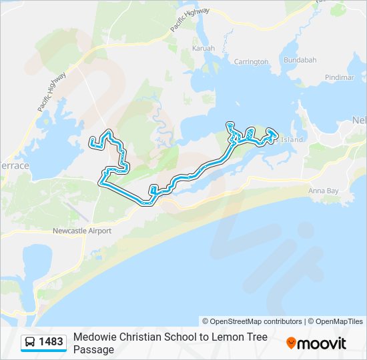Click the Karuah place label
203,49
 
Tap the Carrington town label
251,62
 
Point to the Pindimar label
340,77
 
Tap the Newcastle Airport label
81,231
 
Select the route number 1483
51,343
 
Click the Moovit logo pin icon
291,343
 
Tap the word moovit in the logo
322,343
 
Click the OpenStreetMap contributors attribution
252,321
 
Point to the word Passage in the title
93,349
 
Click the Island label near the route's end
292,139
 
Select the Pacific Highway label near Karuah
190,19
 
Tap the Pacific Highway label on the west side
51,91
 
